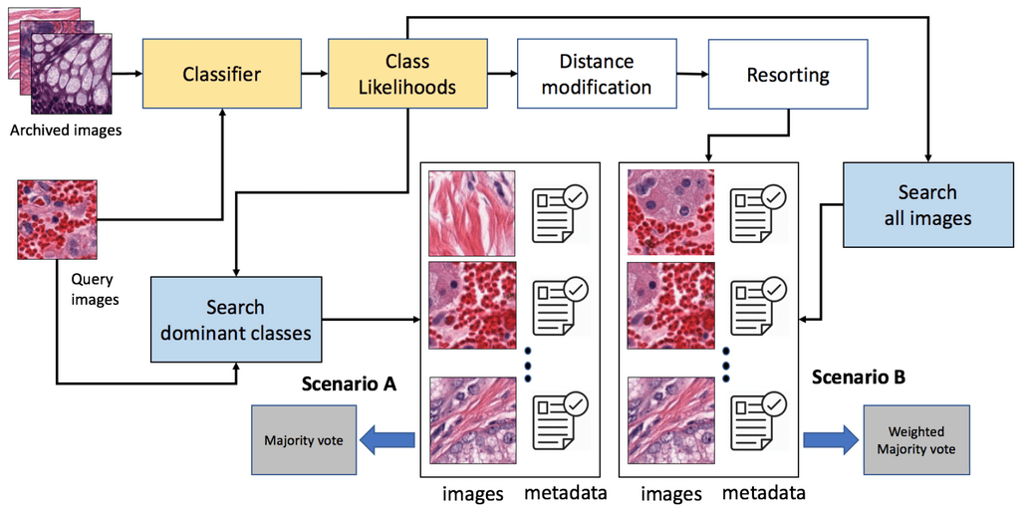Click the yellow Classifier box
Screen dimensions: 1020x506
point(222,73)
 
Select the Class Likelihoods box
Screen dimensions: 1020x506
point(407,73)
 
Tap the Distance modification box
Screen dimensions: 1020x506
point(597,73)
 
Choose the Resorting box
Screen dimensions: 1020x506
point(788,73)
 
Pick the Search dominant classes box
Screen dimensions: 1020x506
point(236,320)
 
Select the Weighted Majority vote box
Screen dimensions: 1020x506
point(916,439)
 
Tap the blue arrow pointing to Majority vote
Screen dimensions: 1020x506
point(386,440)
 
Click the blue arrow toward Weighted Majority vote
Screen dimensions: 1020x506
point(832,440)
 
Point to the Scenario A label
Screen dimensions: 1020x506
point(350,384)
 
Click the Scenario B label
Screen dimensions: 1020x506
point(859,377)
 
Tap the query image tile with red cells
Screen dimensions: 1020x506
point(57,220)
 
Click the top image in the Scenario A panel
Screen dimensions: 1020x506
point(471,213)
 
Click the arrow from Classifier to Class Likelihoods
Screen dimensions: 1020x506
point(314,73)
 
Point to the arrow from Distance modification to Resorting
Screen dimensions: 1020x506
point(692,73)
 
